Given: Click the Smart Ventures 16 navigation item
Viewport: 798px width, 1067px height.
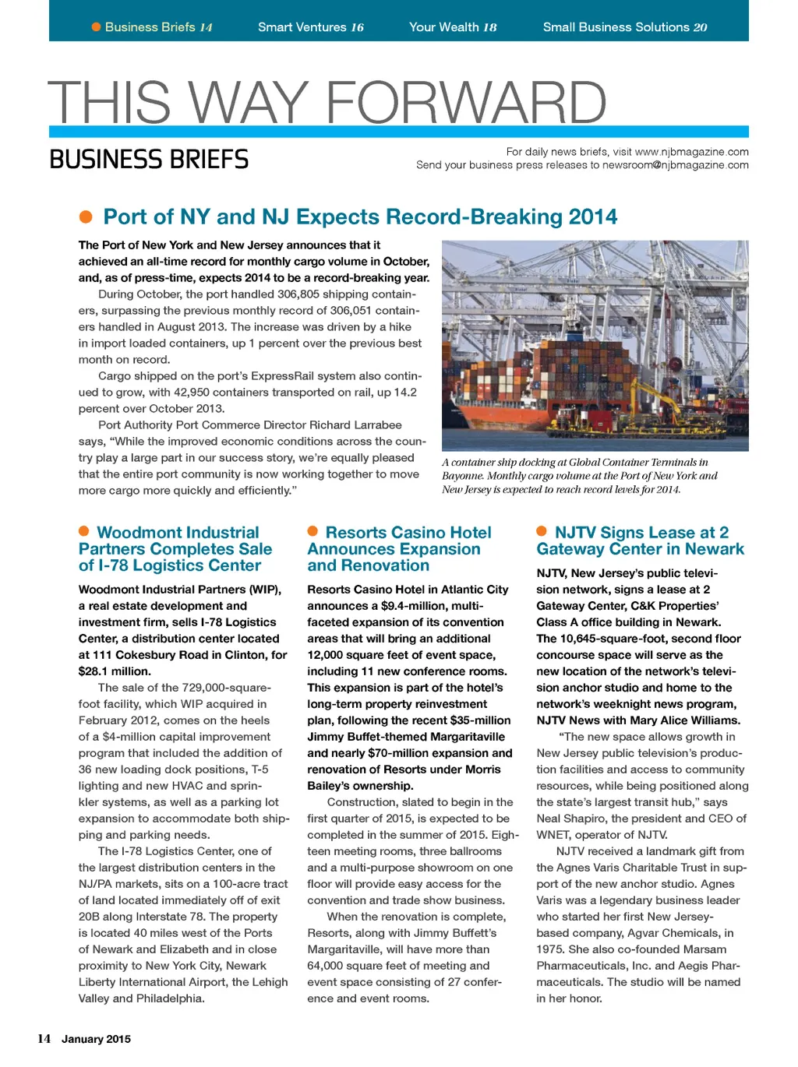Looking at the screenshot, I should click(x=310, y=27).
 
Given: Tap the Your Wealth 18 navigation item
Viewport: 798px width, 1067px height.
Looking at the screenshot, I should click(x=453, y=27).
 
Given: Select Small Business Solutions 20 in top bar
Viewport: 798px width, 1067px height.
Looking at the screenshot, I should click(x=625, y=27).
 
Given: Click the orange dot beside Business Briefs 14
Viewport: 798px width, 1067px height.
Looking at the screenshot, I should click(x=97, y=27).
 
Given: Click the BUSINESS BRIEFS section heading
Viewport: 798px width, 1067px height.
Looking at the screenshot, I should click(x=149, y=160).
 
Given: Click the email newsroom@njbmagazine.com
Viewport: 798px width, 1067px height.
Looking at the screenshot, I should click(x=675, y=165).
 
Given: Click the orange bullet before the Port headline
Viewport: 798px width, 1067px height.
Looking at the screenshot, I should click(x=86, y=217).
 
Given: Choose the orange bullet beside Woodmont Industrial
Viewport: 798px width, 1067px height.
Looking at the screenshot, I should click(x=84, y=531).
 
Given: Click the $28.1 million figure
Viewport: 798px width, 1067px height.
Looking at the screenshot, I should click(x=115, y=671).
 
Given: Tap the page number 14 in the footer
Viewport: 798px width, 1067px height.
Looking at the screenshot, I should click(x=44, y=1038).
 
